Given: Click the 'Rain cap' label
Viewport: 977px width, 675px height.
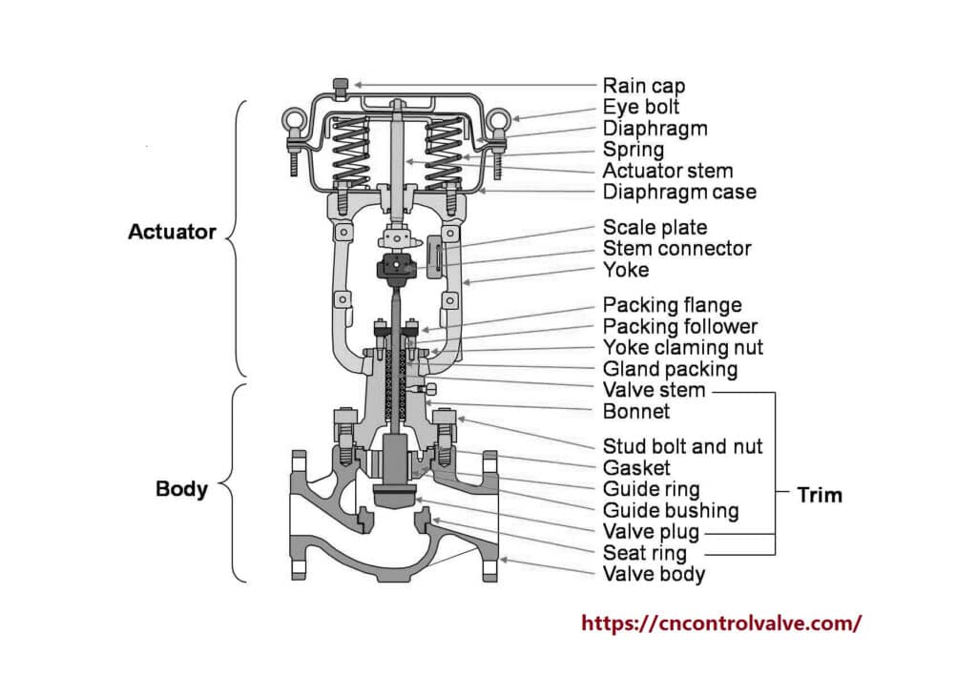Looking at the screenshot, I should (643, 86).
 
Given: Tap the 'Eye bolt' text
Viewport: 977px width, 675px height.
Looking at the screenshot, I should (640, 107).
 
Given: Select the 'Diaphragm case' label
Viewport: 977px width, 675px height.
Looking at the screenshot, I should (679, 193).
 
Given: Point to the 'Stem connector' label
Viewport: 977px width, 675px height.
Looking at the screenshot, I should (676, 249).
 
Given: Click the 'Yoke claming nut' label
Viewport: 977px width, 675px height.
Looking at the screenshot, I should (682, 348).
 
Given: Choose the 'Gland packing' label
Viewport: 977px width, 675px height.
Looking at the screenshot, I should (670, 369).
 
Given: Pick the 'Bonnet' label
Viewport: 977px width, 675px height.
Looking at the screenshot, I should (636, 412).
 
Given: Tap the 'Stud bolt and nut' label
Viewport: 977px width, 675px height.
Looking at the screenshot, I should (682, 446).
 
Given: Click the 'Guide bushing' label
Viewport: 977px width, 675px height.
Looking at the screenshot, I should (671, 511).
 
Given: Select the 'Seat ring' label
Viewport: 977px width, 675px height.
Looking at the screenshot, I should (644, 553).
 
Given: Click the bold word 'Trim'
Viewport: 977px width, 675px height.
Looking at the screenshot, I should (820, 495).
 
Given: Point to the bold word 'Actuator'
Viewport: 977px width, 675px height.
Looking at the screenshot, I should (172, 232).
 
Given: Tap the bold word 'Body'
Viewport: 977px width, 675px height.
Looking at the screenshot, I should (181, 489).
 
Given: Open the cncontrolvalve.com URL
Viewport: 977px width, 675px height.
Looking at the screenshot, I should (721, 624).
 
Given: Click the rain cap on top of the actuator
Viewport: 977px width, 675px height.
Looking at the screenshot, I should (341, 86).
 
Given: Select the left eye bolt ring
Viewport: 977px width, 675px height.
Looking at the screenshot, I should (292, 121).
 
